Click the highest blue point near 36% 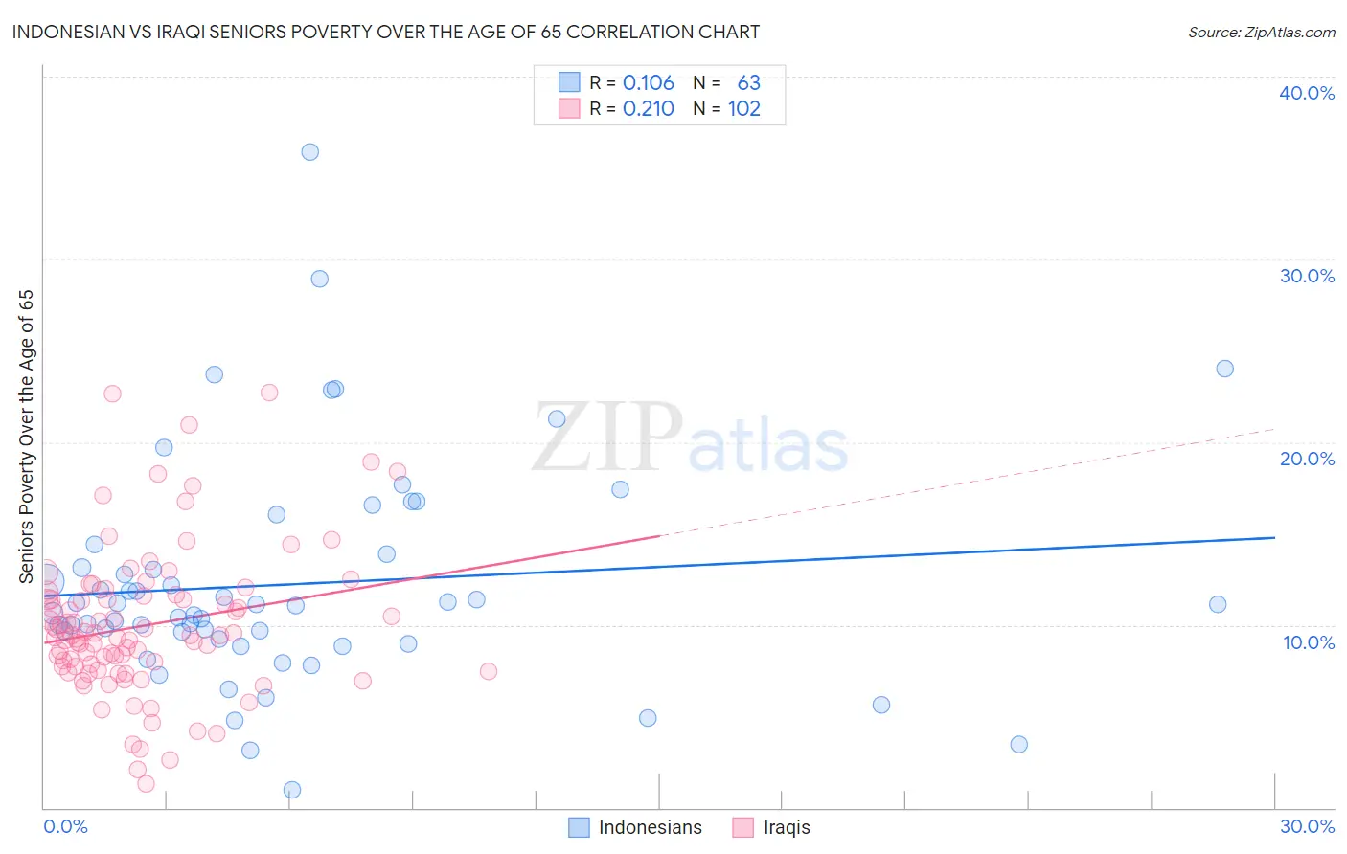[x=309, y=152]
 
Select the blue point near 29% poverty [x=320, y=279]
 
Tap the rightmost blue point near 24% [x=1224, y=369]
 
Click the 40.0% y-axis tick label [x=1307, y=93]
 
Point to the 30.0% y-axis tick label [x=1307, y=276]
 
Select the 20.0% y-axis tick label [x=1307, y=459]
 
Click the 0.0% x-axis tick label [x=65, y=826]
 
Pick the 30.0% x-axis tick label [x=1307, y=826]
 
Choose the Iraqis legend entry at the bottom [x=787, y=827]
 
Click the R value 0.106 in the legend [x=649, y=83]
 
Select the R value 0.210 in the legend [x=649, y=109]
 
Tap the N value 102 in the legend [x=744, y=109]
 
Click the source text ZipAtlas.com [x=1262, y=33]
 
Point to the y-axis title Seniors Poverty [x=26, y=436]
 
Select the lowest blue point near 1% [x=292, y=790]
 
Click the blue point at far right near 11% [x=1218, y=604]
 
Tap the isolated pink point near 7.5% [x=489, y=671]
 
